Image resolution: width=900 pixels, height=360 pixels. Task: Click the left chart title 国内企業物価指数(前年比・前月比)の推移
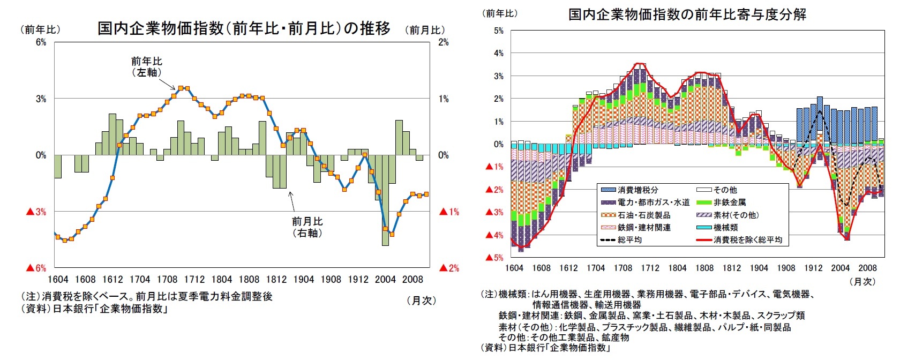244,28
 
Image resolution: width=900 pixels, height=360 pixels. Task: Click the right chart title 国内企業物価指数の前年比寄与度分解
687,14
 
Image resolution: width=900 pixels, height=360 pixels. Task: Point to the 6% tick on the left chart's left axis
41,42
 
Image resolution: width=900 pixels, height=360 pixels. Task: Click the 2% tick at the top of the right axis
444,42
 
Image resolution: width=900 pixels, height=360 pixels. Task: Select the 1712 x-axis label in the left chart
194,279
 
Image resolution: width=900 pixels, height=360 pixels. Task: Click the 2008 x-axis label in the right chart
867,268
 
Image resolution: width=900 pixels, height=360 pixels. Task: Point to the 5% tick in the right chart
498,31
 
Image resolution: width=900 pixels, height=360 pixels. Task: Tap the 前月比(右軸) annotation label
307,227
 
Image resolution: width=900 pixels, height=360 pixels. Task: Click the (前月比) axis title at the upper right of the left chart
425,30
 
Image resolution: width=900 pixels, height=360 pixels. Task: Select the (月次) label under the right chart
862,281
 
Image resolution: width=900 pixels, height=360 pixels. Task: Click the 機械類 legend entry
725,228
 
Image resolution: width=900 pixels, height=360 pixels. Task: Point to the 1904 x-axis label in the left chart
304,279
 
